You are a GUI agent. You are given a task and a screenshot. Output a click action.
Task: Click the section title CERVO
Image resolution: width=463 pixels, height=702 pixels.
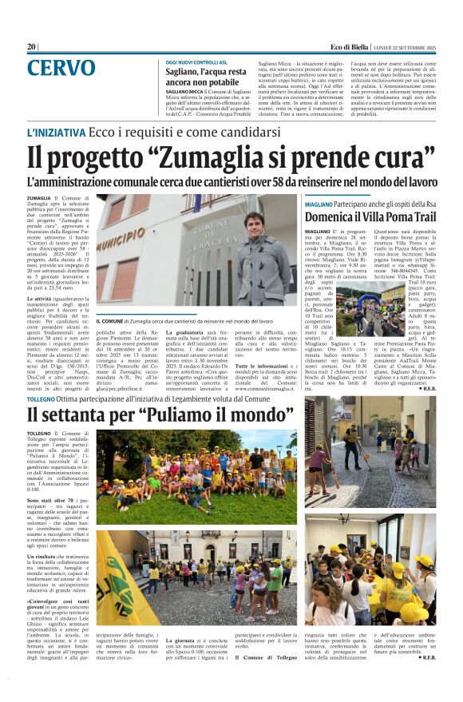pos(61,69)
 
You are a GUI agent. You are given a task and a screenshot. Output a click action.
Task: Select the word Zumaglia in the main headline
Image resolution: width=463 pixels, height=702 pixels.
pos(191,158)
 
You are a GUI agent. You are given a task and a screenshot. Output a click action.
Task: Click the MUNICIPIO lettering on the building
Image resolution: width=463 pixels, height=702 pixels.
pos(120,239)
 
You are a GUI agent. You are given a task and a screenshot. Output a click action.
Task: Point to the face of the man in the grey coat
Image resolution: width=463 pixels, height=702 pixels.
pos(253,226)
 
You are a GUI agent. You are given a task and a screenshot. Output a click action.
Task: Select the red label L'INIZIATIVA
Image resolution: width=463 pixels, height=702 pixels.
pos(56,133)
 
